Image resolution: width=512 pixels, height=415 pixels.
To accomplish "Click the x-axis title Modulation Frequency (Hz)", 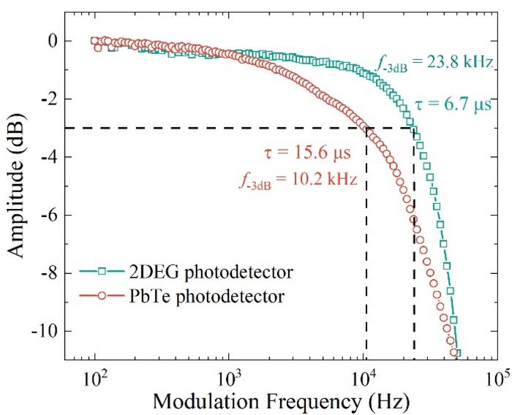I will coord(280,401).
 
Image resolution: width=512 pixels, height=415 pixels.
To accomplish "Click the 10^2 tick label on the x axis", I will coord(95,376).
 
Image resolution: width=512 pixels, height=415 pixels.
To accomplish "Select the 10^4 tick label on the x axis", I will coord(364,376).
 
